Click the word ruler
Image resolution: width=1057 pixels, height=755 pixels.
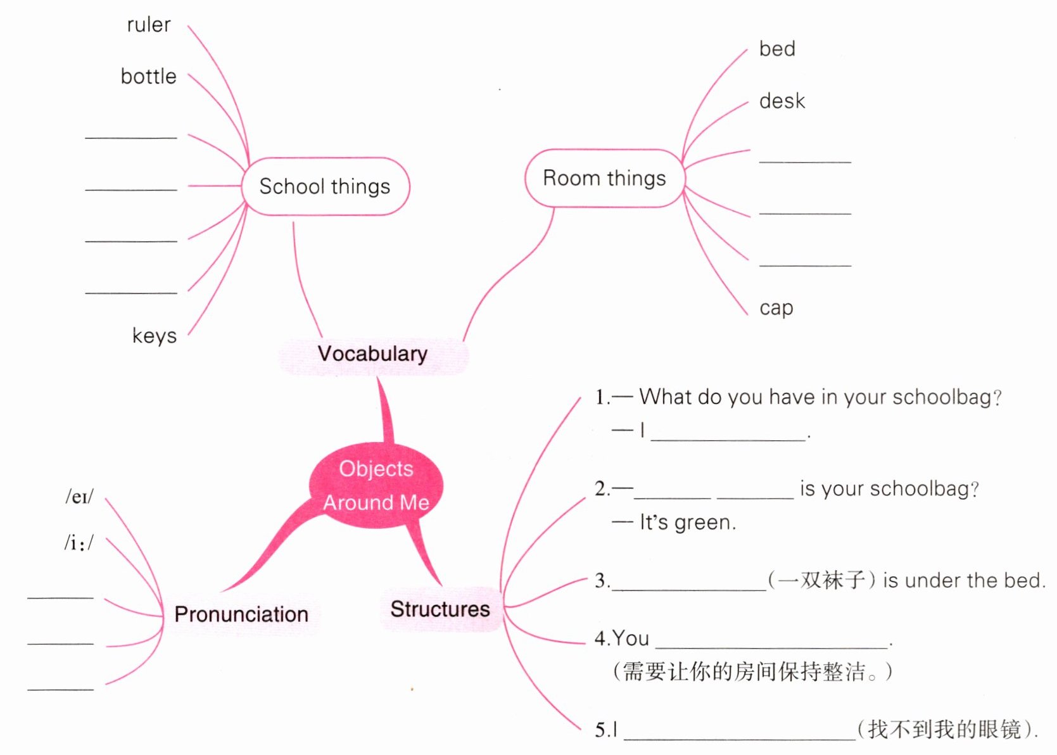pyautogui.click(x=149, y=25)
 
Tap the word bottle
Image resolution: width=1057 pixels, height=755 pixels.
pyautogui.click(x=149, y=77)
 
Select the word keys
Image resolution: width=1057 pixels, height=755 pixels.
pyautogui.click(x=155, y=335)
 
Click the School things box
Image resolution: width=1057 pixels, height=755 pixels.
pyautogui.click(x=325, y=186)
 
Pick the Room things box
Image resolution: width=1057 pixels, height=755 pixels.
pyautogui.click(x=604, y=178)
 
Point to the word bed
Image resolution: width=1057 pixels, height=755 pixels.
pyautogui.click(x=777, y=49)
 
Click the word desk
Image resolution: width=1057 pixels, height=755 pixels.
pyautogui.click(x=782, y=101)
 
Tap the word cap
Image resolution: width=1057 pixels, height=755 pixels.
pyautogui.click(x=776, y=308)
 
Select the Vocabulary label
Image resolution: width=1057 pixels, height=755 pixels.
pyautogui.click(x=372, y=353)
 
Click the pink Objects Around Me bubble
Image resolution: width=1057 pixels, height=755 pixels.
pyautogui.click(x=376, y=485)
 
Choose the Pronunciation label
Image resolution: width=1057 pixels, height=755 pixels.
pyautogui.click(x=241, y=614)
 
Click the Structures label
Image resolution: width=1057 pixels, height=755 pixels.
pyautogui.click(x=440, y=609)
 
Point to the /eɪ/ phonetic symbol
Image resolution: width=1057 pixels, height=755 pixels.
pyautogui.click(x=80, y=497)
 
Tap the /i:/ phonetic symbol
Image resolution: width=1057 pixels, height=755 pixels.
pyautogui.click(x=79, y=543)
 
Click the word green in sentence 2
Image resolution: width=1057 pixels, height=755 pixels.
pyautogui.click(x=702, y=523)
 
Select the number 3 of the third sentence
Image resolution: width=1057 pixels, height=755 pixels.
pyautogui.click(x=600, y=581)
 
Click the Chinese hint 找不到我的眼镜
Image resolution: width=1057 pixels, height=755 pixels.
pyautogui.click(x=945, y=730)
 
